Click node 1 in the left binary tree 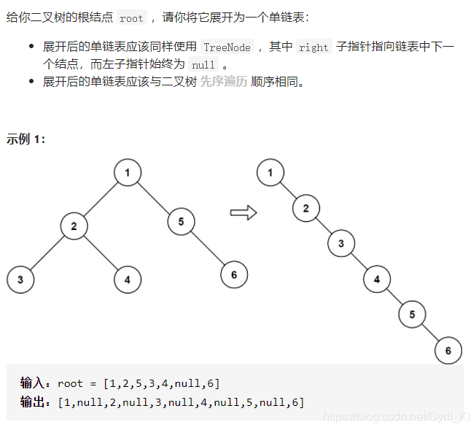pyautogui.click(x=128, y=173)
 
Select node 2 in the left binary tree pyautogui.click(x=74, y=226)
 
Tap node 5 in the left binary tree pyautogui.click(x=181, y=221)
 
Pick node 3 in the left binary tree pyautogui.click(x=20, y=279)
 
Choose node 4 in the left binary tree pyautogui.click(x=128, y=279)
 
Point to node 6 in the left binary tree pyautogui.click(x=234, y=274)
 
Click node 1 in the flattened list pyautogui.click(x=270, y=173)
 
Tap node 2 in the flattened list pyautogui.click(x=306, y=208)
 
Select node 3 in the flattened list pyautogui.click(x=341, y=244)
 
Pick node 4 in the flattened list pyautogui.click(x=377, y=279)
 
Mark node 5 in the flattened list pyautogui.click(x=412, y=315)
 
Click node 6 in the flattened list pyautogui.click(x=448, y=350)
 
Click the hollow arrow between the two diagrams pyautogui.click(x=243, y=212)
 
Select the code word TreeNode pyautogui.click(x=227, y=47)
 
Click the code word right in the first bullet pyautogui.click(x=313, y=47)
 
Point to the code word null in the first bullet pyautogui.click(x=203, y=64)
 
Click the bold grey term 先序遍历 pyautogui.click(x=223, y=82)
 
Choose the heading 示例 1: pyautogui.click(x=26, y=139)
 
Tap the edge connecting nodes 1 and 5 pyautogui.click(x=155, y=197)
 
